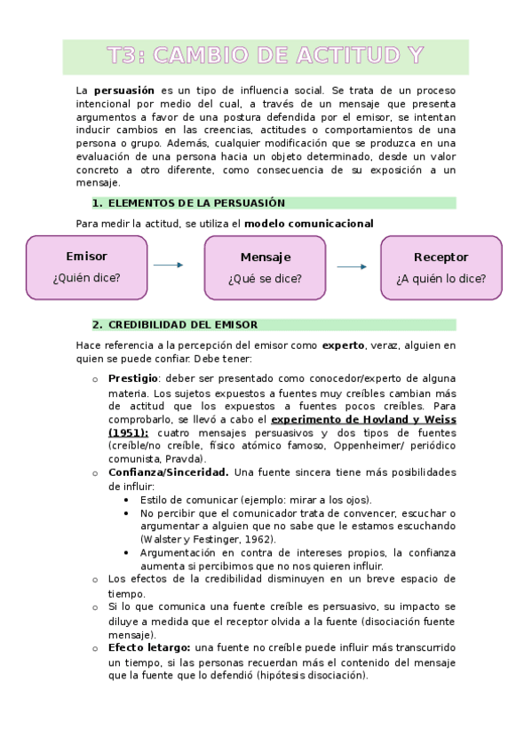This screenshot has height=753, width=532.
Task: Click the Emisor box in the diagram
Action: coord(86,266)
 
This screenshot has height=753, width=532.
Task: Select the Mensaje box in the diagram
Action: coord(265,267)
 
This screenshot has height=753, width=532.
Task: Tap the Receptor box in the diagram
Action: coord(441,267)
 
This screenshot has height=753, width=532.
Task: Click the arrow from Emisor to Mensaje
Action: coord(168,266)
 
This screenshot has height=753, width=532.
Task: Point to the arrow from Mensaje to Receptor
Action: coord(353,266)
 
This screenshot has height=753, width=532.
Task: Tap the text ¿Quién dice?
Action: coord(86,278)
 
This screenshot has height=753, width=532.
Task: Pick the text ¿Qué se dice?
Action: coord(265,279)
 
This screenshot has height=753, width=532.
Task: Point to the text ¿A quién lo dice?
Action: coord(441,279)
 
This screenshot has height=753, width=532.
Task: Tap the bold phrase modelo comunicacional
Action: coord(308,223)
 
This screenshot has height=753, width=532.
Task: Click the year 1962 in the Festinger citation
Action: coord(255,539)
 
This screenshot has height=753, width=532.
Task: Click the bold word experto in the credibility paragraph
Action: coord(343,345)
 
